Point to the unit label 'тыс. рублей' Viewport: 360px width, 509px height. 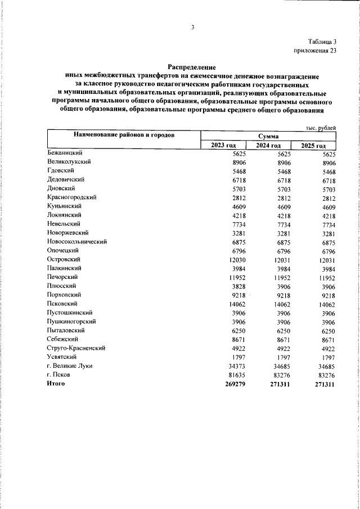pyautogui.click(x=321, y=128)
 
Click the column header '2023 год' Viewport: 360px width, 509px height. pyautogui.click(x=223, y=146)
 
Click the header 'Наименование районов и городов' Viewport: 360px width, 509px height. pyautogui.click(x=123, y=136)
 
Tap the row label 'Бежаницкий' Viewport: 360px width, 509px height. pyautogui.click(x=65, y=153)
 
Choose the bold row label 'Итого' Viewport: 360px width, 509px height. pyautogui.click(x=56, y=384)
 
